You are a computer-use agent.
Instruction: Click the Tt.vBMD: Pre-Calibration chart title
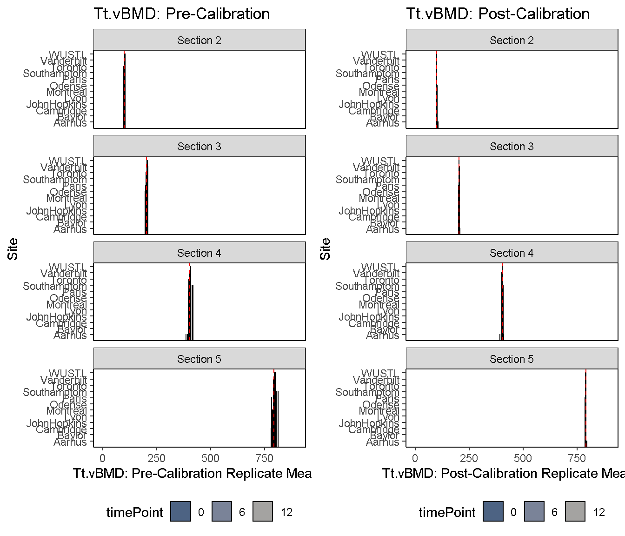point(181,13)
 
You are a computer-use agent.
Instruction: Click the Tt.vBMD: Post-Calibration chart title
point(498,13)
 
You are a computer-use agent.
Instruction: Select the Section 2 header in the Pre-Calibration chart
point(199,40)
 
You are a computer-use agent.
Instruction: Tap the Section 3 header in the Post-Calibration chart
point(512,147)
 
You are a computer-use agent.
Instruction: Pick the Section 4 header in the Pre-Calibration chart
point(199,253)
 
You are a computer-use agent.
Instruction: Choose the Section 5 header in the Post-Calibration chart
point(512,359)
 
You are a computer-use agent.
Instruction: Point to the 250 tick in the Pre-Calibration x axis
point(157,458)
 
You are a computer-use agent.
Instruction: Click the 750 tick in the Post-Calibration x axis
point(578,458)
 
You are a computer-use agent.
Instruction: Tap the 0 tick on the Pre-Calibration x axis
point(103,458)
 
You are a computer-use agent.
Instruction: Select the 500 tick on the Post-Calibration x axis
point(524,458)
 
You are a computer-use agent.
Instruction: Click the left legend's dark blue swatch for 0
point(181,512)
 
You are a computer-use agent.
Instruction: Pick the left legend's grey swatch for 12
point(263,512)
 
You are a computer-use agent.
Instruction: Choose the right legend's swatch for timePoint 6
point(534,512)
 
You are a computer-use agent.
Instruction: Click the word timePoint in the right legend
point(447,513)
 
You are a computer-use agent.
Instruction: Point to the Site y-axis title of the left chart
point(13,249)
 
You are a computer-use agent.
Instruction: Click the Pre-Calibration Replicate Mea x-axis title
point(192,474)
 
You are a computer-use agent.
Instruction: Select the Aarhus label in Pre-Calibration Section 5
point(70,442)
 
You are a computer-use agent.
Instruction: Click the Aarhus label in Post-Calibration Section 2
point(383,123)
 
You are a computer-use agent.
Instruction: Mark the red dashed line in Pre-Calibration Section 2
point(124,88)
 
